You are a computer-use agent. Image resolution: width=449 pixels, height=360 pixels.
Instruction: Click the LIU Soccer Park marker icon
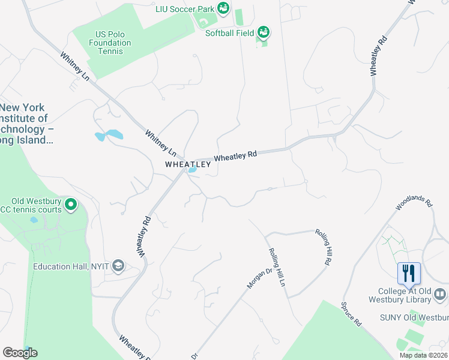pos(223,8)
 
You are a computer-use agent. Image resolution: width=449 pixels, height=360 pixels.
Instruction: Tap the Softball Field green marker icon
pos(263,31)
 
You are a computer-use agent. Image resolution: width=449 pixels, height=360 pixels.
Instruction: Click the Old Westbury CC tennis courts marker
pos(71,205)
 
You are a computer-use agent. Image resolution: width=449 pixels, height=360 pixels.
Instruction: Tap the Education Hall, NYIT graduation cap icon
pos(118,266)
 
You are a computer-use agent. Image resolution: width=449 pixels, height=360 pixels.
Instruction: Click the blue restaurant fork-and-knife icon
pos(409,273)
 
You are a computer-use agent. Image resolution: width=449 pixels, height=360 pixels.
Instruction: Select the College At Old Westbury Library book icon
pos(440,294)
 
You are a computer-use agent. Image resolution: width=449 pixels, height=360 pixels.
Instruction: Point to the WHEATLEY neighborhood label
pos(188,164)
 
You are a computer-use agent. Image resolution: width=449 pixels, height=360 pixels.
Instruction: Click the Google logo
pos(20,353)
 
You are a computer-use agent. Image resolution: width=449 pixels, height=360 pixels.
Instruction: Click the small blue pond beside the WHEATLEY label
pos(193,170)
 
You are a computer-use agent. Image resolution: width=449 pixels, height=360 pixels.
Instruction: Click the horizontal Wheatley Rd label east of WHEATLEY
pos(235,155)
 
